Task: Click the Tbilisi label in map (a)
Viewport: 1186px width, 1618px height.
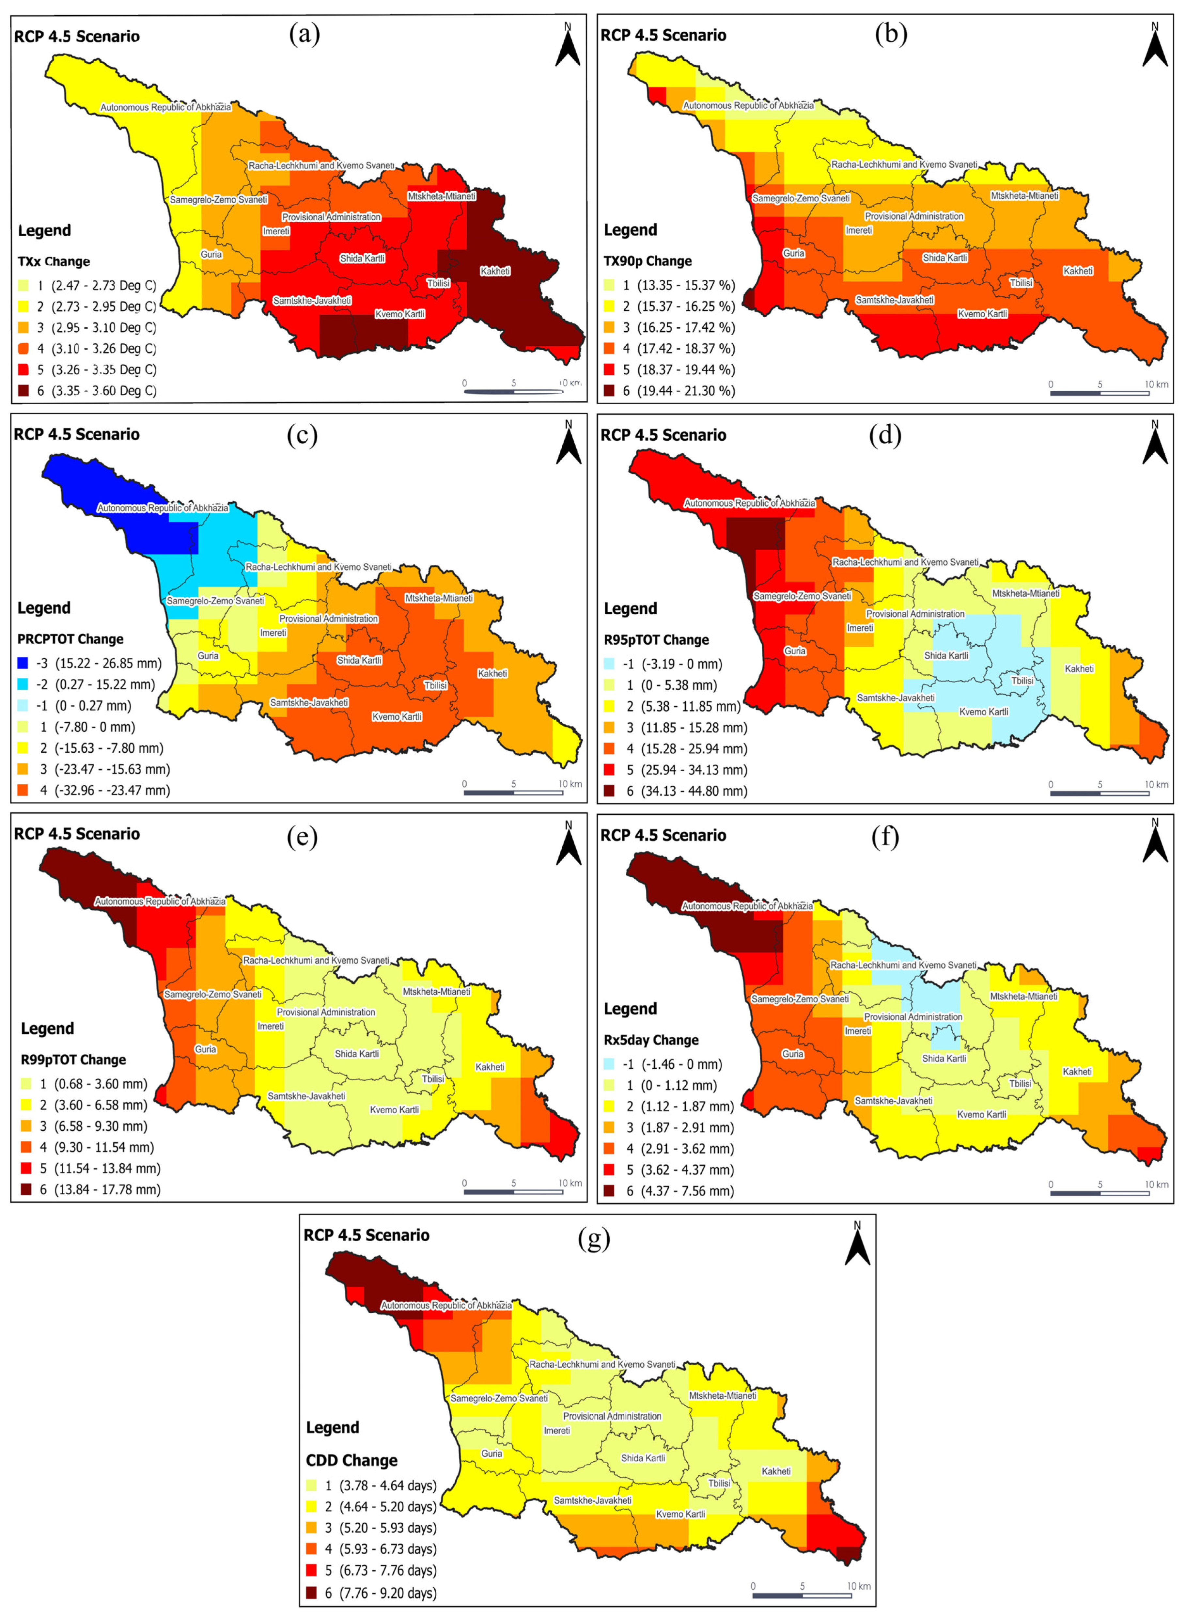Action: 439,283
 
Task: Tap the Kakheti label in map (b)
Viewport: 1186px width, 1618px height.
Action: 1078,271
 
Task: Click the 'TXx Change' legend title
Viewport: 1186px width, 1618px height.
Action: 54,261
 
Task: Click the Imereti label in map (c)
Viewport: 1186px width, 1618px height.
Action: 273,632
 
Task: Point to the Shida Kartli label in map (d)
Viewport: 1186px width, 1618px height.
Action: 946,655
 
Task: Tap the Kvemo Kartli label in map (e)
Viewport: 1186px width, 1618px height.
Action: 394,1110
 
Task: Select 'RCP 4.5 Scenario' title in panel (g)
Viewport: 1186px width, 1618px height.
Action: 366,1235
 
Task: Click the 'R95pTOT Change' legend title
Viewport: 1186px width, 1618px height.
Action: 656,639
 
